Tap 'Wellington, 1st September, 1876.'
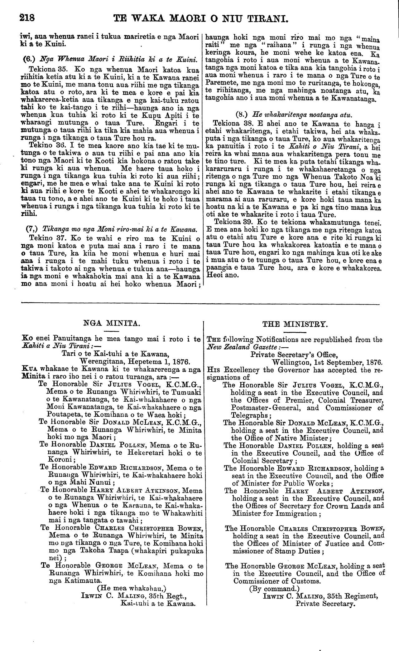(327, 362)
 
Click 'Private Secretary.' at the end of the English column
(325, 604)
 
